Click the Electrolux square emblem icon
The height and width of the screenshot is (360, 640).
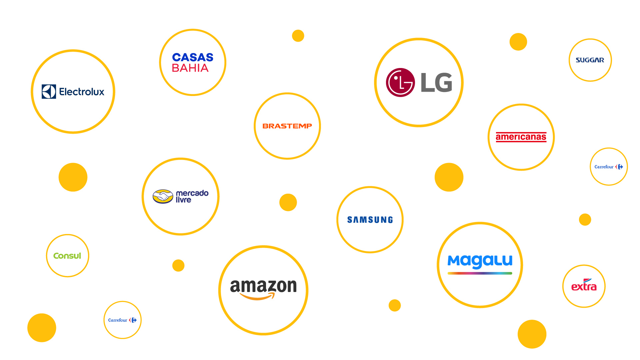(x=49, y=92)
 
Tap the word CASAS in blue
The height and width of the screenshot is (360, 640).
(x=193, y=57)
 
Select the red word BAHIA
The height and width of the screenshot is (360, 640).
(x=190, y=68)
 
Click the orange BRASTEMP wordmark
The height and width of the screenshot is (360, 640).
(x=287, y=126)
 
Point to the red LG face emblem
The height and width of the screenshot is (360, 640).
(x=400, y=82)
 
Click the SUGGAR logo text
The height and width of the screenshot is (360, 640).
(x=590, y=60)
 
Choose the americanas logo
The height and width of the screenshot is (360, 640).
(x=521, y=137)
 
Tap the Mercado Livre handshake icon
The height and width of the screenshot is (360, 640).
(x=163, y=196)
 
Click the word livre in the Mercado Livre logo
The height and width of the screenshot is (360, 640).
(x=183, y=200)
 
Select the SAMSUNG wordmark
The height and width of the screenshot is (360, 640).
(x=370, y=220)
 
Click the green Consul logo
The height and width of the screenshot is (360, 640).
(x=67, y=256)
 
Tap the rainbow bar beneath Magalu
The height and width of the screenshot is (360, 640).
(x=480, y=273)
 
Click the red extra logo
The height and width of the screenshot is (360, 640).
(x=584, y=286)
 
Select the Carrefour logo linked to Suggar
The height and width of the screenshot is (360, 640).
(x=609, y=167)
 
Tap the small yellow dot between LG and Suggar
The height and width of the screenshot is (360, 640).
(x=518, y=42)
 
